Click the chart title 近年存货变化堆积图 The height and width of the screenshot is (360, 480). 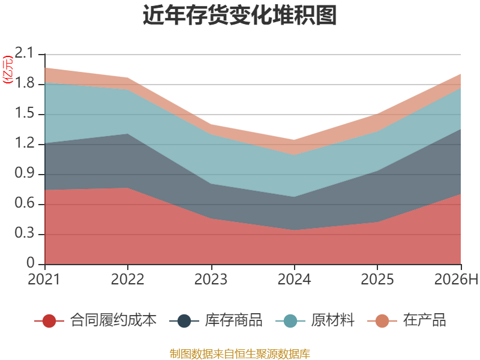239,15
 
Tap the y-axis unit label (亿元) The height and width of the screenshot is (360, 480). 8,70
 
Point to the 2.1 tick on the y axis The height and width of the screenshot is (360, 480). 24,53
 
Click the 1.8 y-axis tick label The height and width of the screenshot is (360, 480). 25,83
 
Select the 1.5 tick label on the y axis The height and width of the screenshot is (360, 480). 25,113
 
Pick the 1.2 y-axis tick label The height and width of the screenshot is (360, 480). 25,143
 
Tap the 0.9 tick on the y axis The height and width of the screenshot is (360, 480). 25,173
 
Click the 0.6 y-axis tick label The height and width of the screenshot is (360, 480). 25,203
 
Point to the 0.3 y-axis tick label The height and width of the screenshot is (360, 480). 25,233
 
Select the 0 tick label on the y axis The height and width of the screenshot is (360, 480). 31,263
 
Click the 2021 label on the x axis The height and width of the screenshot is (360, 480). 44,280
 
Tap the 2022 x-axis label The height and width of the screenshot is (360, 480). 127,280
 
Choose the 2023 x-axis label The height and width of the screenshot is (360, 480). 211,280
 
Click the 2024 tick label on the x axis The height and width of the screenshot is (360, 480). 294,280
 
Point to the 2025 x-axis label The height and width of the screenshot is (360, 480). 377,280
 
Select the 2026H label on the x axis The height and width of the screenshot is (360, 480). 456,280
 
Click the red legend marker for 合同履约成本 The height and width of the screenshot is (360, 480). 49,321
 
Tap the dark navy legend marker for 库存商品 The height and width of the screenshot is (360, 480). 184,321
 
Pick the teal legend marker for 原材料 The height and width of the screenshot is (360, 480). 290,321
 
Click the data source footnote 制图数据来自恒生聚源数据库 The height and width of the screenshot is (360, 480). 239,354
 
